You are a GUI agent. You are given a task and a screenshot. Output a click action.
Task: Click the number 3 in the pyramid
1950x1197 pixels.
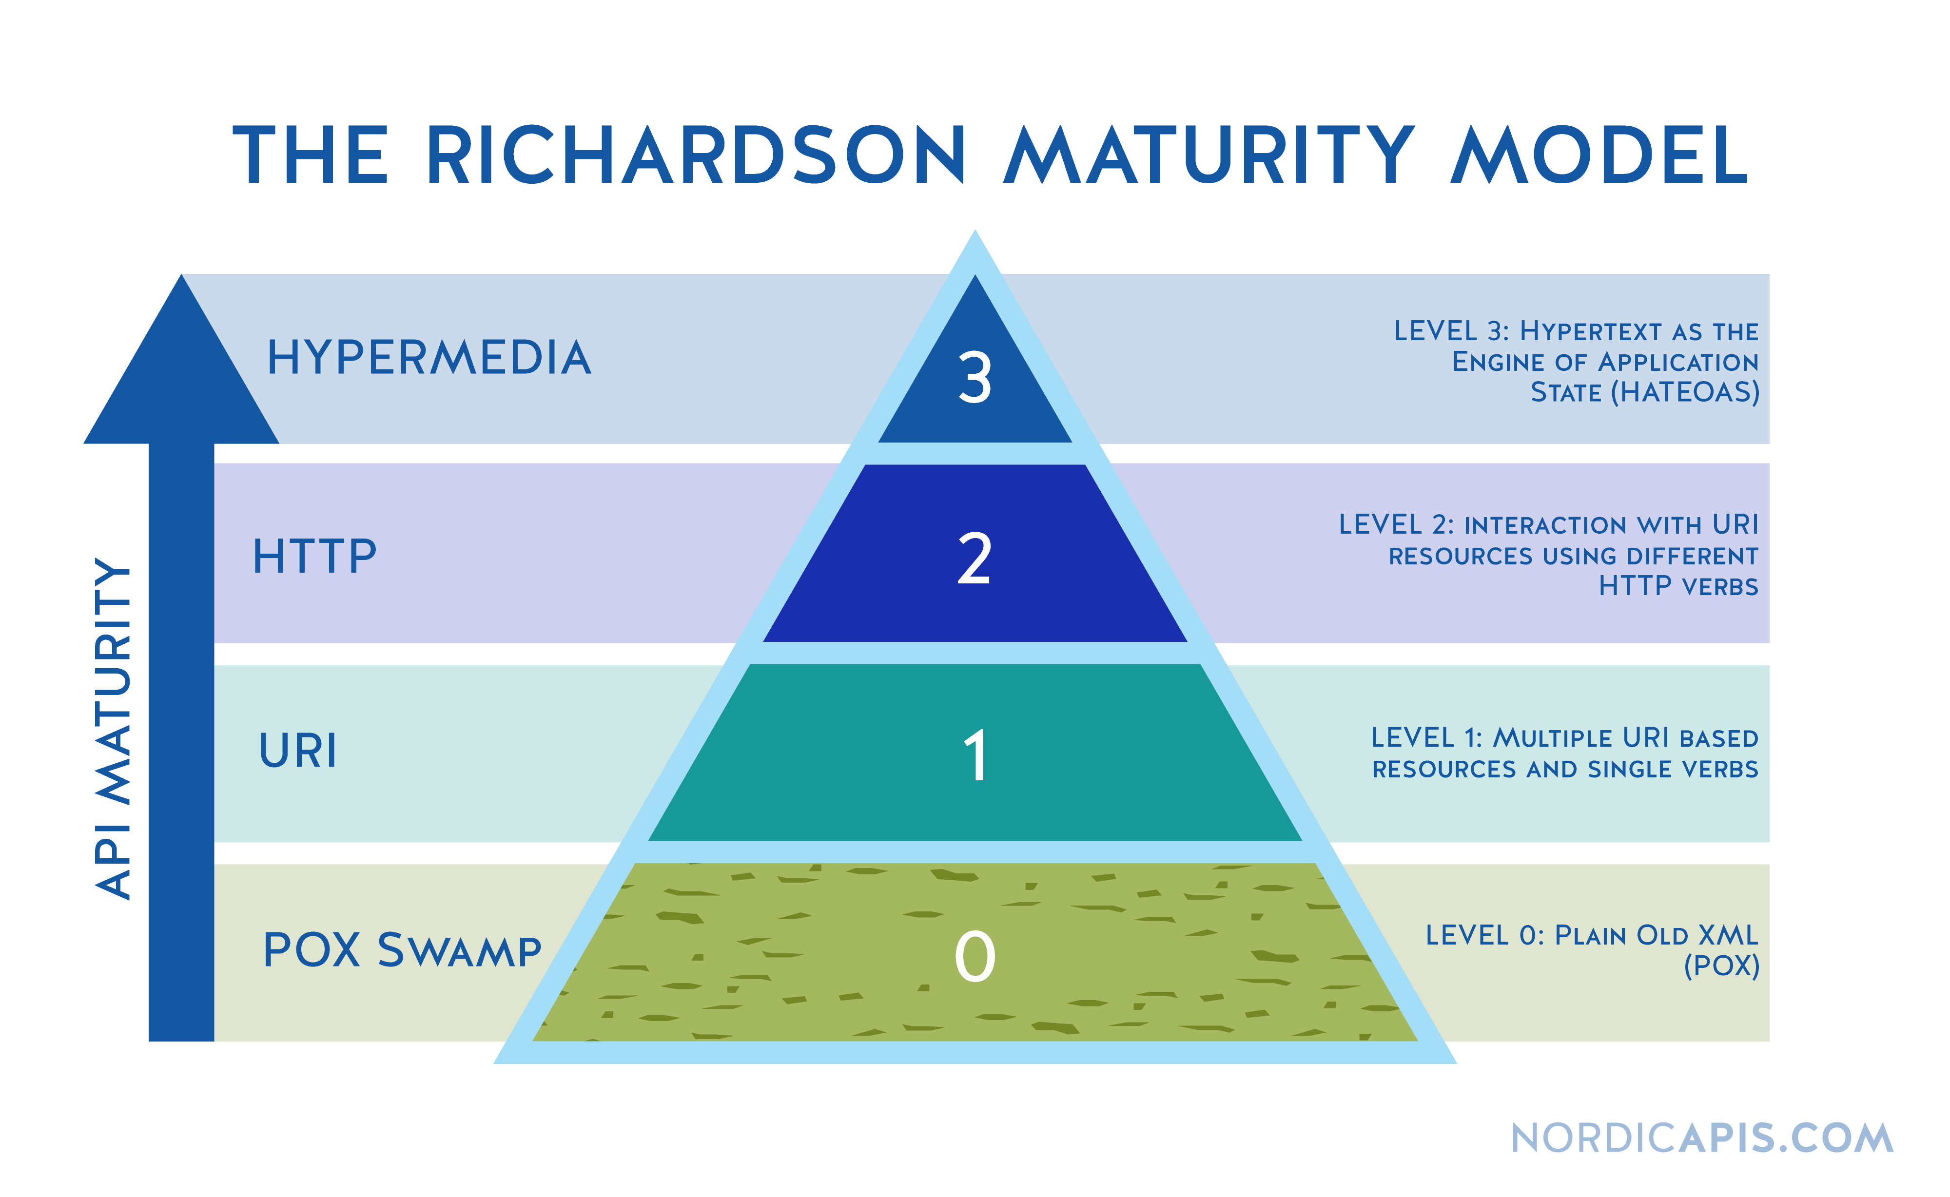975,378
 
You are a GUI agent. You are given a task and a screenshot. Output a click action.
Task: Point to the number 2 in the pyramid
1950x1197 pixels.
974,559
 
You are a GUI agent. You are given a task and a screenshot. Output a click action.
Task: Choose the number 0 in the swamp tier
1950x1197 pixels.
975,956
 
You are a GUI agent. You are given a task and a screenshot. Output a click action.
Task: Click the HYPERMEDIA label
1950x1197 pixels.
429,358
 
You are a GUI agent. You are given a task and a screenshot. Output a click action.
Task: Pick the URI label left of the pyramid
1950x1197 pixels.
298,751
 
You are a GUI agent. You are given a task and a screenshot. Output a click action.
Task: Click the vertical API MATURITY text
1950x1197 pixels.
113,728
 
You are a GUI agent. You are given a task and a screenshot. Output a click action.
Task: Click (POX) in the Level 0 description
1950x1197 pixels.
1721,966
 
